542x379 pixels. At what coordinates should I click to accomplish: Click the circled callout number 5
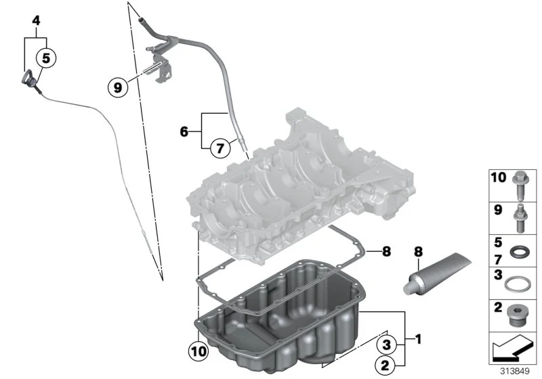coord(46,58)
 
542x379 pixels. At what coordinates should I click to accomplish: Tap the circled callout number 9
coord(118,87)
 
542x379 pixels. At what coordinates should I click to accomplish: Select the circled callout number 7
coord(220,148)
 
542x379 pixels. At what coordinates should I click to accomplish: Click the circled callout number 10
coord(199,351)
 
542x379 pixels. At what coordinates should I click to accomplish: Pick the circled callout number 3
coord(386,344)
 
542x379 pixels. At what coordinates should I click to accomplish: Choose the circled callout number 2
coord(385,365)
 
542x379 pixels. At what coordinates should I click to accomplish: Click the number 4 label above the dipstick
coord(36,21)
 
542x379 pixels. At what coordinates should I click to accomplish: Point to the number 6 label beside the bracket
coord(184,131)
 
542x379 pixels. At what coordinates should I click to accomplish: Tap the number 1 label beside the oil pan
coord(418,339)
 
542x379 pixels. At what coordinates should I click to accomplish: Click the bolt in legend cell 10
coord(519,186)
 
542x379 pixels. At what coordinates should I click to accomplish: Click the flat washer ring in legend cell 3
coord(516,284)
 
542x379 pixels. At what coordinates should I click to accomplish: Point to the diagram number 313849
coord(515,371)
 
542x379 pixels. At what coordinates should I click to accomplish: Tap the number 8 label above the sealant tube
coord(418,252)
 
